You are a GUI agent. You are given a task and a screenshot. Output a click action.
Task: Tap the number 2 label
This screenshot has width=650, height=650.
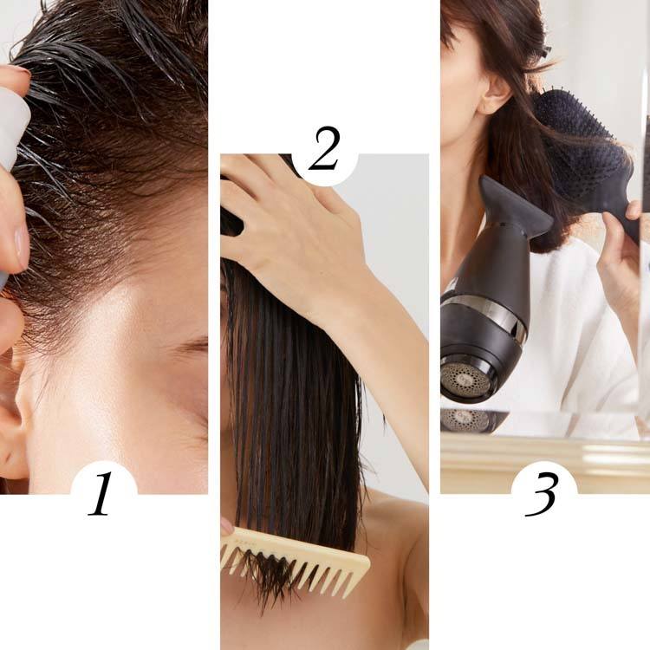click(x=324, y=148)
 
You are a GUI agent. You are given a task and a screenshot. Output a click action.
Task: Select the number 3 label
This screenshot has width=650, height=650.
click(x=541, y=494)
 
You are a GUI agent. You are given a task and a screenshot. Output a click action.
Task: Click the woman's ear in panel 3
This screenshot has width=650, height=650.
click(x=492, y=92)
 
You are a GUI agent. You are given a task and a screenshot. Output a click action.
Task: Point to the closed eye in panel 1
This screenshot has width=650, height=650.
click(x=192, y=345)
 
